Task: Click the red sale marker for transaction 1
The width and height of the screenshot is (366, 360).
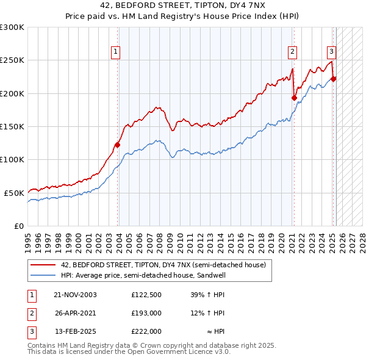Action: [x=118, y=145]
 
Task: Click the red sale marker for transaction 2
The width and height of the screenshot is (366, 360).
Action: [x=294, y=98]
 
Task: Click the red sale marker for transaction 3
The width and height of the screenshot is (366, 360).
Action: [x=333, y=79]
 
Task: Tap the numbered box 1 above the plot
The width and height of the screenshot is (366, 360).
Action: [x=115, y=52]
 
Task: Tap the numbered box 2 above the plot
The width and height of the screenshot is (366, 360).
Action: [x=293, y=52]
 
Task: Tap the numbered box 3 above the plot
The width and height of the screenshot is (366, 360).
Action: [x=331, y=52]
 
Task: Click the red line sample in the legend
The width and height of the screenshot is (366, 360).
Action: [x=43, y=265]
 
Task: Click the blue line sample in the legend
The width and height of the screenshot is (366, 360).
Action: [x=43, y=275]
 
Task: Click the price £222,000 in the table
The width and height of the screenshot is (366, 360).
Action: [x=146, y=331]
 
